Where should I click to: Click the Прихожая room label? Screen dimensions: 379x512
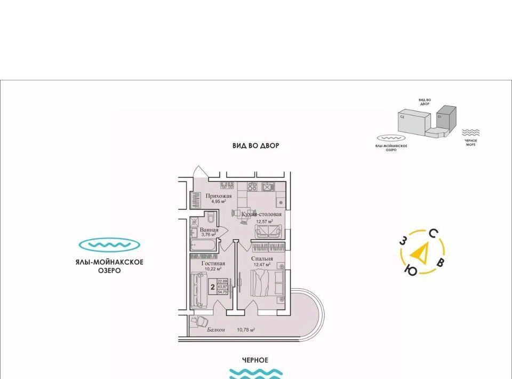(218, 196)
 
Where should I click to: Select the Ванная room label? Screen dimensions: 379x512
(202, 230)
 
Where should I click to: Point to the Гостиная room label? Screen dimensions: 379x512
(213, 263)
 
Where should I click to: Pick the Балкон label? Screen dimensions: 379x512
(216, 330)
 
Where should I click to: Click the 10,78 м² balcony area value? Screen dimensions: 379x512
(245, 330)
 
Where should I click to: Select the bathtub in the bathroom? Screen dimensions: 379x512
(202, 246)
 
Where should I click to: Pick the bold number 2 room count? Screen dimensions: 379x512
(212, 287)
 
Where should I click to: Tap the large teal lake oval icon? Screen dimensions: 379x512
(109, 245)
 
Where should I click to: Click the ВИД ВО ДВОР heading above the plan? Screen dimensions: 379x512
(255, 146)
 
